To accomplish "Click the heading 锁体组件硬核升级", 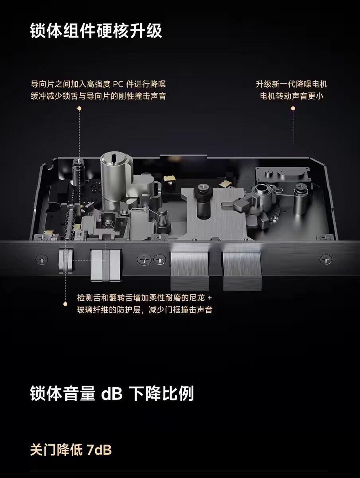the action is (x=96, y=31).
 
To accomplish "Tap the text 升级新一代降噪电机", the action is (x=292, y=84).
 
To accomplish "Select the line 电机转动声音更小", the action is (x=292, y=96).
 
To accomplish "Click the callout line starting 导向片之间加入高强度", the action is (x=98, y=84).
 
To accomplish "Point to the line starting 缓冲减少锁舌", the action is (x=98, y=96).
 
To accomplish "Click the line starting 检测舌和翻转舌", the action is (x=144, y=298).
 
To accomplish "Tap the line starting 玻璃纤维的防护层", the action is (x=145, y=310).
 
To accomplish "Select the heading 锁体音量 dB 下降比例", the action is (x=112, y=393).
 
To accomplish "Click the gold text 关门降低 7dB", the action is (x=71, y=450).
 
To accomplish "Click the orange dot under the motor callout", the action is (x=293, y=108).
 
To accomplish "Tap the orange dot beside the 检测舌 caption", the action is (x=65, y=304).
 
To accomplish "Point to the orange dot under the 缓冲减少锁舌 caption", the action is (x=79, y=108).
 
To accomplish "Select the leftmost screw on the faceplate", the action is (x=42, y=260).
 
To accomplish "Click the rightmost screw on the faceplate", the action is (x=326, y=260).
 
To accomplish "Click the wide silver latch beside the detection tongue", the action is (x=106, y=265).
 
